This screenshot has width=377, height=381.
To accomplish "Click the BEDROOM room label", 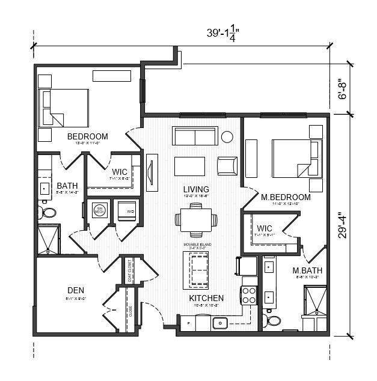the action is click(88, 136).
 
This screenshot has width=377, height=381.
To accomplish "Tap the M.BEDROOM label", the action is click(286, 197).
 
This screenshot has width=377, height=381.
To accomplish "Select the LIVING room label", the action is click(196, 190).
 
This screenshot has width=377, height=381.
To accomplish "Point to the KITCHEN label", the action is click(206, 298).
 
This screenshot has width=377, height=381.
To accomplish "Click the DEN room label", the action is click(75, 291).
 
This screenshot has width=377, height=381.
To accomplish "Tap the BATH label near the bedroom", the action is click(67, 187).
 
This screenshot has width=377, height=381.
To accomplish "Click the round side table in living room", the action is click(227, 136).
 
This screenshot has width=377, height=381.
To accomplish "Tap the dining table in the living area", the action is click(195, 220).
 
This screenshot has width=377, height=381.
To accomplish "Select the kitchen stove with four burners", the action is click(250, 296).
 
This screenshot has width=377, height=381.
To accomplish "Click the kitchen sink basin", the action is click(220, 323).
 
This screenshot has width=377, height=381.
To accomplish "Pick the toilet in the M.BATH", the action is click(273, 320).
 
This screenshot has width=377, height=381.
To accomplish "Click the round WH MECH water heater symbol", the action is click(100, 210).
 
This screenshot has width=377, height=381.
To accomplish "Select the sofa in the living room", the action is click(195, 136).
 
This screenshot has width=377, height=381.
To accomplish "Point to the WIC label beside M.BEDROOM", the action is click(265, 229).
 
